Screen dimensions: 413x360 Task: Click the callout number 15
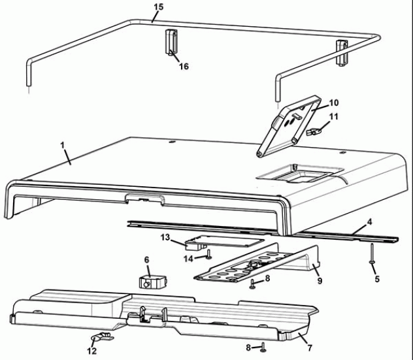pos(159,7)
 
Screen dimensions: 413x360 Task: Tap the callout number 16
pos(184,67)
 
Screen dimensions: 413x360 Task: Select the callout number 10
pos(334,103)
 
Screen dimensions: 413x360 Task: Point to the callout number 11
pos(334,116)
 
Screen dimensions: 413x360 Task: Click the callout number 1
pos(63,145)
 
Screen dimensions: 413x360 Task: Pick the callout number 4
pos(369,222)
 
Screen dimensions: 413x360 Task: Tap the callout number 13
pos(165,238)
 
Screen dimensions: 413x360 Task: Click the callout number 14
pos(188,259)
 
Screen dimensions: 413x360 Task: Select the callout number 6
pos(146,259)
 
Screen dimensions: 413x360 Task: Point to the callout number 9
pos(320,281)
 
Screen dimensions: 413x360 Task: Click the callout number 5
pos(377,279)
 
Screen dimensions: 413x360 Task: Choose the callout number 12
pos(92,351)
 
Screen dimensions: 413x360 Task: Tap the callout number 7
pos(310,348)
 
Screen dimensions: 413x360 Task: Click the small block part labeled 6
pos(153,282)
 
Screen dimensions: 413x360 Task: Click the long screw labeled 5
pos(372,253)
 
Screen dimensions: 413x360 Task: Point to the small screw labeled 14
pos(208,254)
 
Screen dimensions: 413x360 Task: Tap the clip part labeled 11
pos(314,131)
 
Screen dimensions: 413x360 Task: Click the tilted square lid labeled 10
pos(289,126)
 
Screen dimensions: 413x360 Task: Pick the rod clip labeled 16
pos(171,42)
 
